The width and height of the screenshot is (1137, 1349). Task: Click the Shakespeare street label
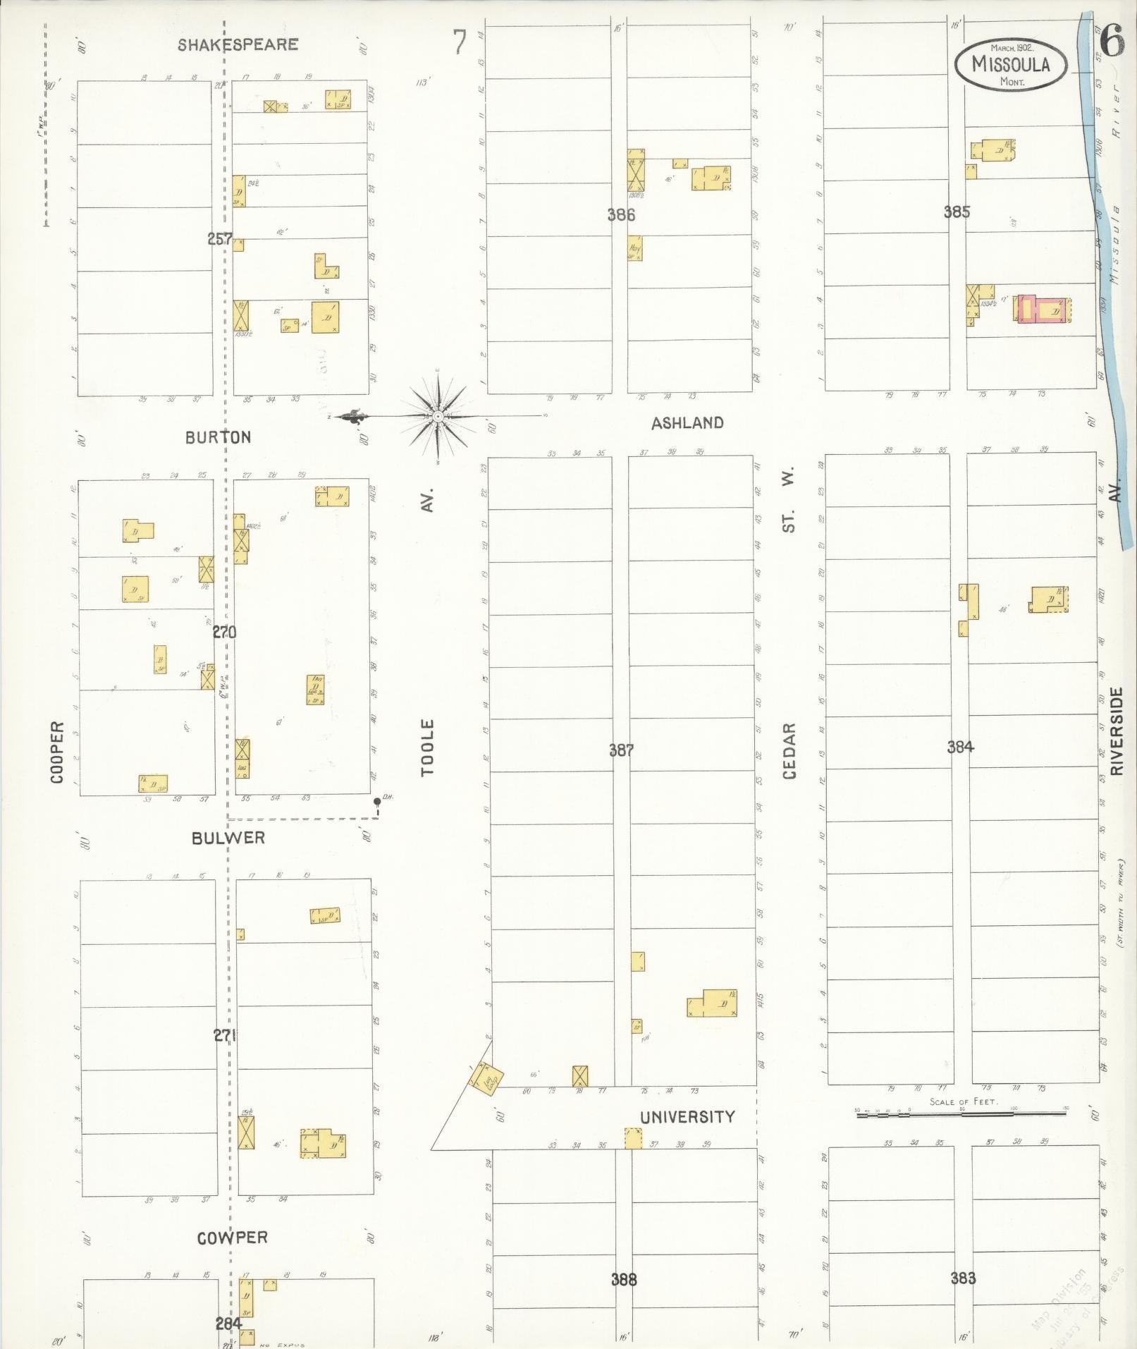pos(238,44)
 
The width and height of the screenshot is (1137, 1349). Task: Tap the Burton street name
pos(218,437)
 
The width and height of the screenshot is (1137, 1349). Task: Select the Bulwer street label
pos(228,838)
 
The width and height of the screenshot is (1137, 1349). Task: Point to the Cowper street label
pos(232,1238)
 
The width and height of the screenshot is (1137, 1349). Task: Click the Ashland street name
pos(687,423)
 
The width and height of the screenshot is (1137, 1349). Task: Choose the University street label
pos(687,1117)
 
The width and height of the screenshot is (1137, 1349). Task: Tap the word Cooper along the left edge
pos(57,752)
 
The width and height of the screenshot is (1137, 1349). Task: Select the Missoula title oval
pos(1011,64)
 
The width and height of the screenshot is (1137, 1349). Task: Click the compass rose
pos(438,417)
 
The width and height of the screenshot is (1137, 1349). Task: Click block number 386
pos(621,215)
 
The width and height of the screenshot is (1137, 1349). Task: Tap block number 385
pos(957,212)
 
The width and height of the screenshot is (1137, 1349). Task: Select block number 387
pos(621,750)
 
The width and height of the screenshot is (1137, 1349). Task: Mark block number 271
pos(224,1035)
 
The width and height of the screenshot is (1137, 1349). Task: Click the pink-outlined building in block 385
pos(1043,310)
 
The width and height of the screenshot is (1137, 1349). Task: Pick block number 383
pos(963,1278)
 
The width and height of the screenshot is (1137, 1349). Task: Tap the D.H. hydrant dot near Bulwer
pos(378,801)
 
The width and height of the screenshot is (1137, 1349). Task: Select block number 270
pos(224,633)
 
